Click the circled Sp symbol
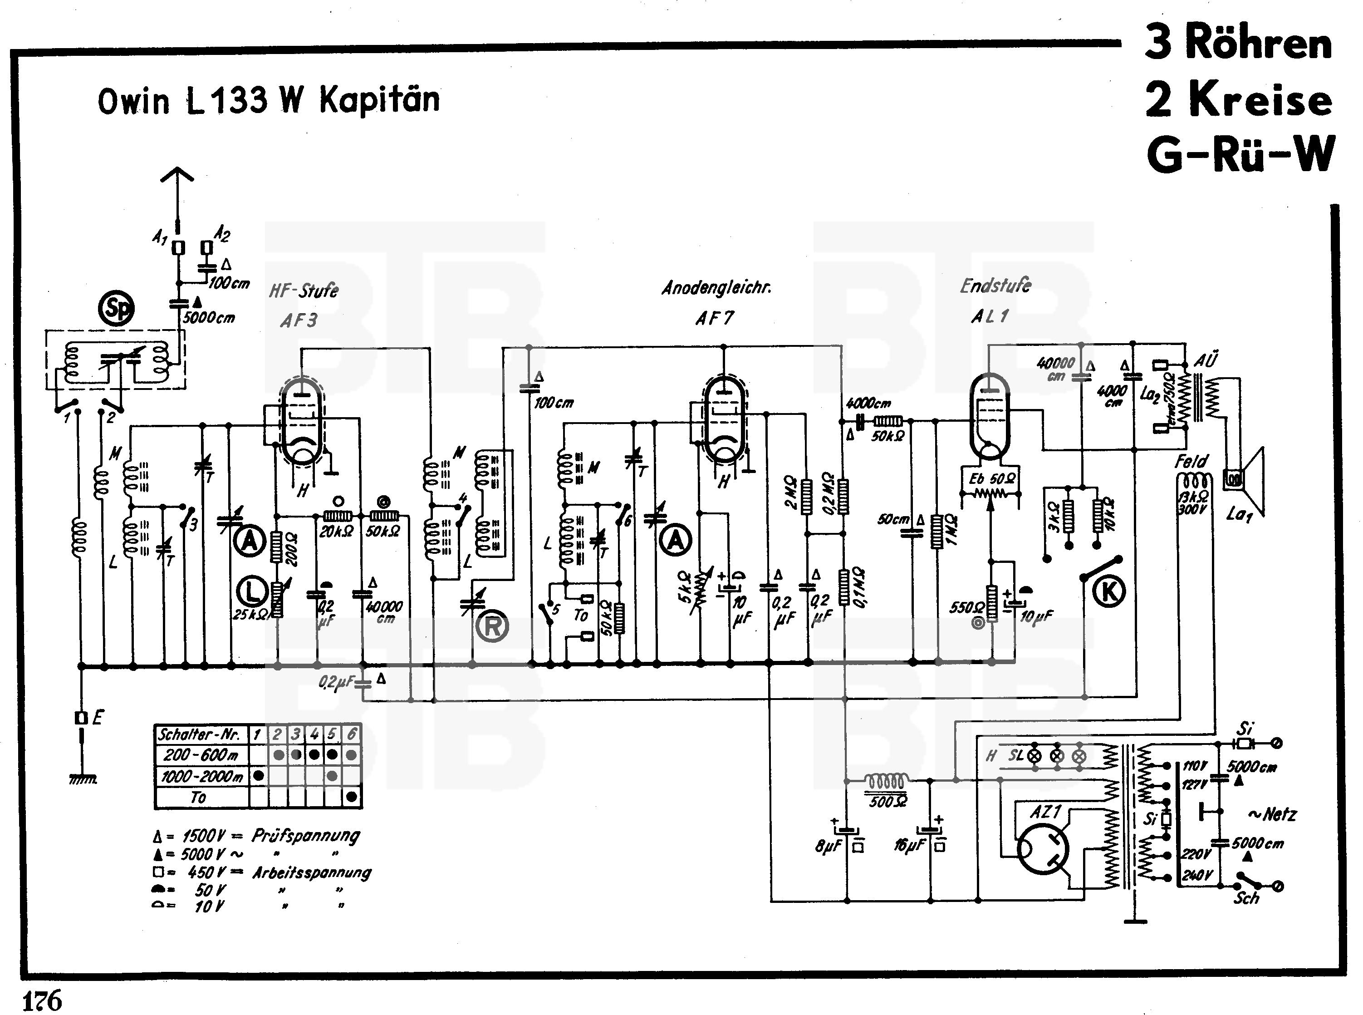[117, 308]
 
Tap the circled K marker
[1109, 591]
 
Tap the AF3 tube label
[299, 320]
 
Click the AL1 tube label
[990, 316]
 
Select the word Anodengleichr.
[716, 287]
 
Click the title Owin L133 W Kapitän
[269, 100]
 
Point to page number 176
[42, 1000]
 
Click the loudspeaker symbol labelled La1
[1246, 480]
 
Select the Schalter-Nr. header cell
[201, 734]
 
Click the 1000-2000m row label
[201, 776]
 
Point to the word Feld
[1191, 461]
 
